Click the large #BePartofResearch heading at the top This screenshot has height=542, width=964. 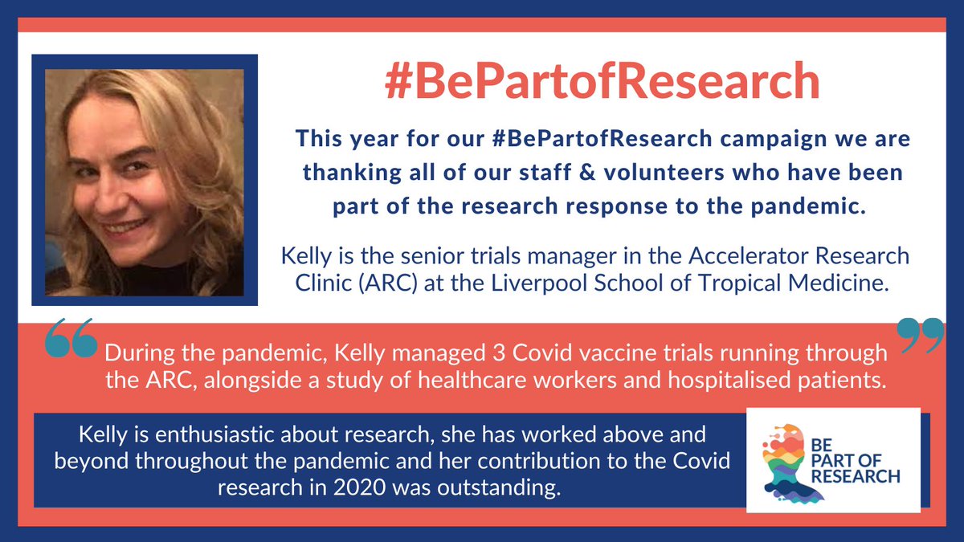click(x=602, y=83)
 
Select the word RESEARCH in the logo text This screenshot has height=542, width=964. click(x=856, y=476)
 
